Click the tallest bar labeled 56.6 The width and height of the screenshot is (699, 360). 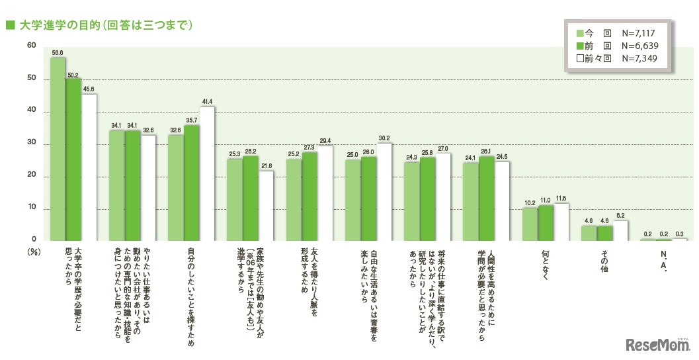click(x=58, y=149)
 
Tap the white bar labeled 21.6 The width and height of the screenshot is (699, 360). click(x=266, y=205)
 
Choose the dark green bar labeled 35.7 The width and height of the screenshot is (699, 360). click(x=191, y=183)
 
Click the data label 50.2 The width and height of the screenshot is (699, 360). click(x=73, y=75)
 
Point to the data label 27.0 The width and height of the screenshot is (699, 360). click(x=443, y=149)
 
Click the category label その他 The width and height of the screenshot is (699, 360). click(x=604, y=262)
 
